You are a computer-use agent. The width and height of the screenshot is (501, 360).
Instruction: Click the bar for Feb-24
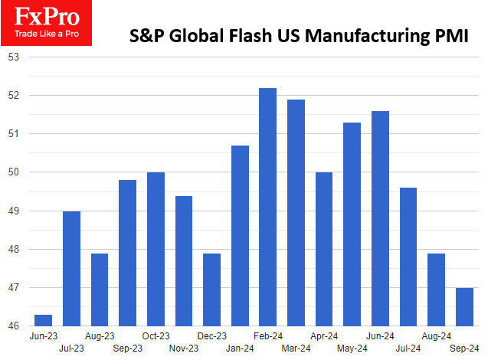(267, 207)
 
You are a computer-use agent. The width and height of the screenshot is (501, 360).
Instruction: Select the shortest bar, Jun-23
(43, 320)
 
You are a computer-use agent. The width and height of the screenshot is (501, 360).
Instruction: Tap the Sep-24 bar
(465, 306)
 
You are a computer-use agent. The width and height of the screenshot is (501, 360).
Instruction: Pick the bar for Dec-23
(211, 290)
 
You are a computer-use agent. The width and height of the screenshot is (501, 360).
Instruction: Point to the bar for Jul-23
(71, 268)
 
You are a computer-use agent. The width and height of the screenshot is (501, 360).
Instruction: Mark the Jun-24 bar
(380, 218)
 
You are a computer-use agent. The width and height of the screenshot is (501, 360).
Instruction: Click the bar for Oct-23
(156, 249)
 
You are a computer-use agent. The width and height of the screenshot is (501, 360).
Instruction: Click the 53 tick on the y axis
(13, 57)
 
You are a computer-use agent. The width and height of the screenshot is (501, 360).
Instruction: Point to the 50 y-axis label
(13, 172)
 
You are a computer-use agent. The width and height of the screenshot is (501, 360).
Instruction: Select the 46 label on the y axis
(13, 326)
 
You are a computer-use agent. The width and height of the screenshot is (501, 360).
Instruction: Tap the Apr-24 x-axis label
(324, 336)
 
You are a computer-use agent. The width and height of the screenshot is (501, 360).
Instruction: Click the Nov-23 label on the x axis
(184, 348)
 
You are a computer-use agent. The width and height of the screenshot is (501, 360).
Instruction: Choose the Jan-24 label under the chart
(240, 348)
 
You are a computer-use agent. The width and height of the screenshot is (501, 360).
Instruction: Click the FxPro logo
(46, 15)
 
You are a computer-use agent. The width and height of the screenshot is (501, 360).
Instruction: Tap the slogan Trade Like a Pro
(46, 34)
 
